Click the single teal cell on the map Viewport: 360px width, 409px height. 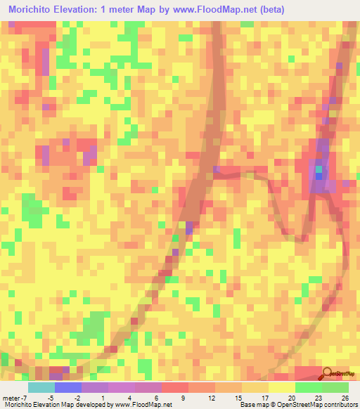319,169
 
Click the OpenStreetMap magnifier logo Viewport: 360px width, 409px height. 328,375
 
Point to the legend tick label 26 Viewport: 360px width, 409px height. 345,398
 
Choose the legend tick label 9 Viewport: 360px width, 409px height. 183,398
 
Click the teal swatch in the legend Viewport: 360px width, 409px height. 41,387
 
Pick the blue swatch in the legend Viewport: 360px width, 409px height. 68,387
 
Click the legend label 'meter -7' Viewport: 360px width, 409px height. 14,398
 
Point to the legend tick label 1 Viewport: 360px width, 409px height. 103,398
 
